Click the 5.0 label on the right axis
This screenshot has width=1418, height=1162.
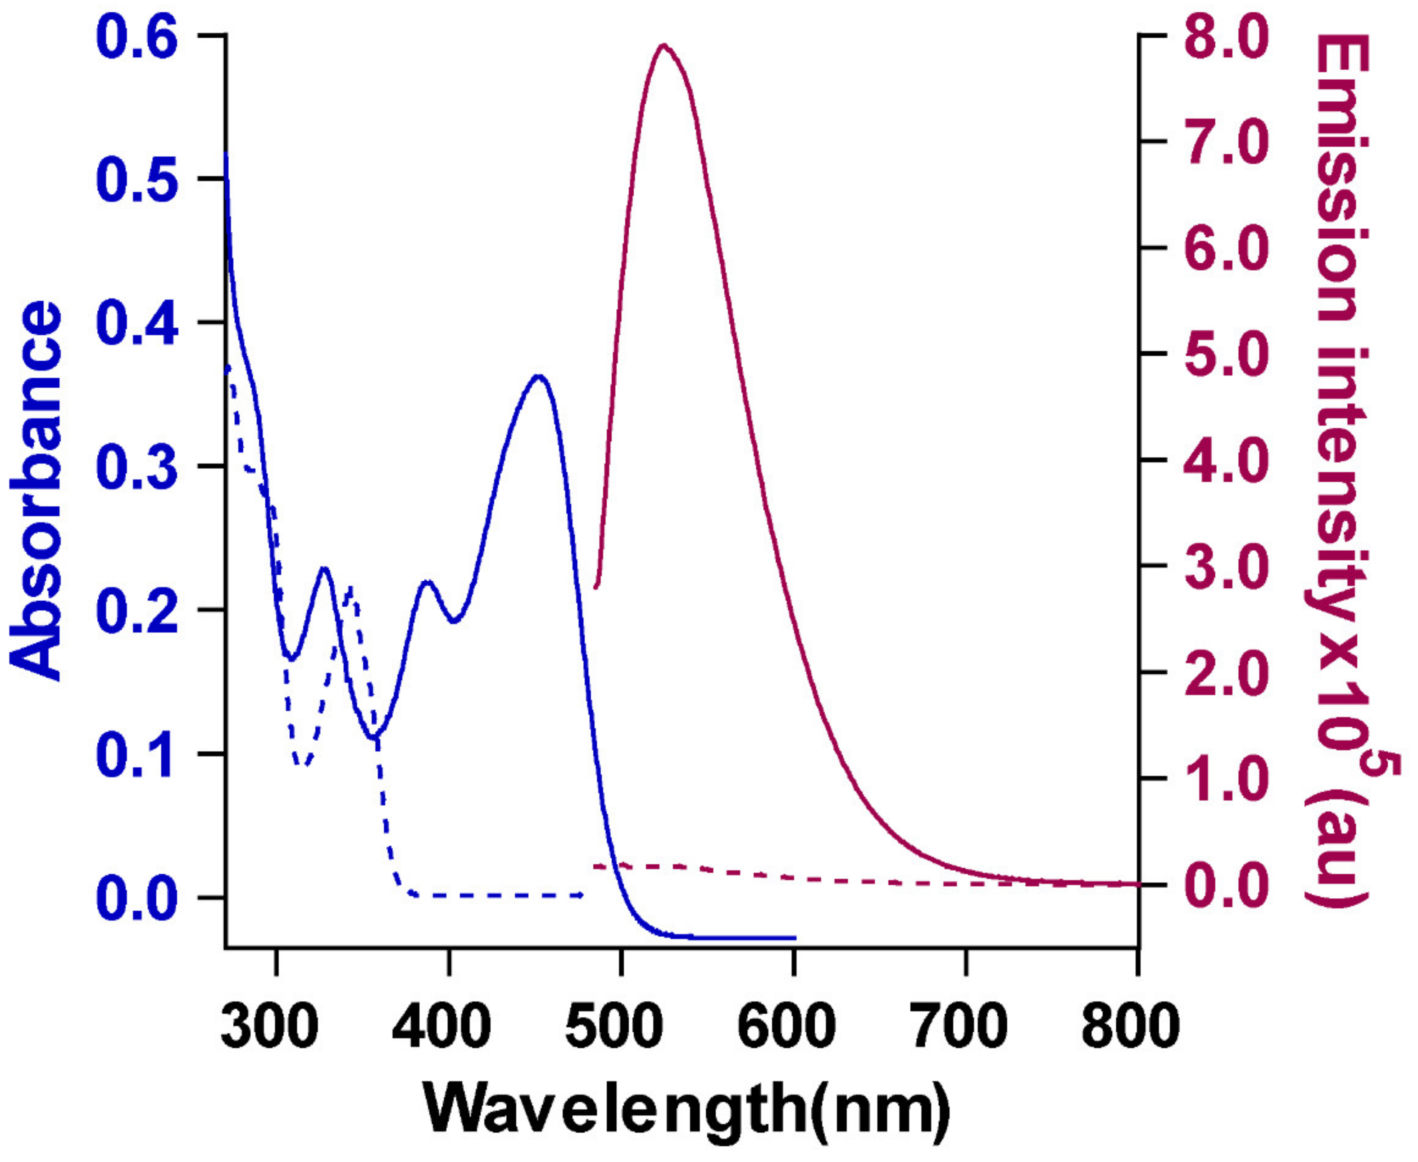[x=1225, y=354]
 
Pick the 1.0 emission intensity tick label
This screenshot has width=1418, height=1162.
[x=1225, y=778]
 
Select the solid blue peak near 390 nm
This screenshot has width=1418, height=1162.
[x=427, y=582]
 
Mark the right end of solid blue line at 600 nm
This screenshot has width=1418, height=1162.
[x=794, y=938]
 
